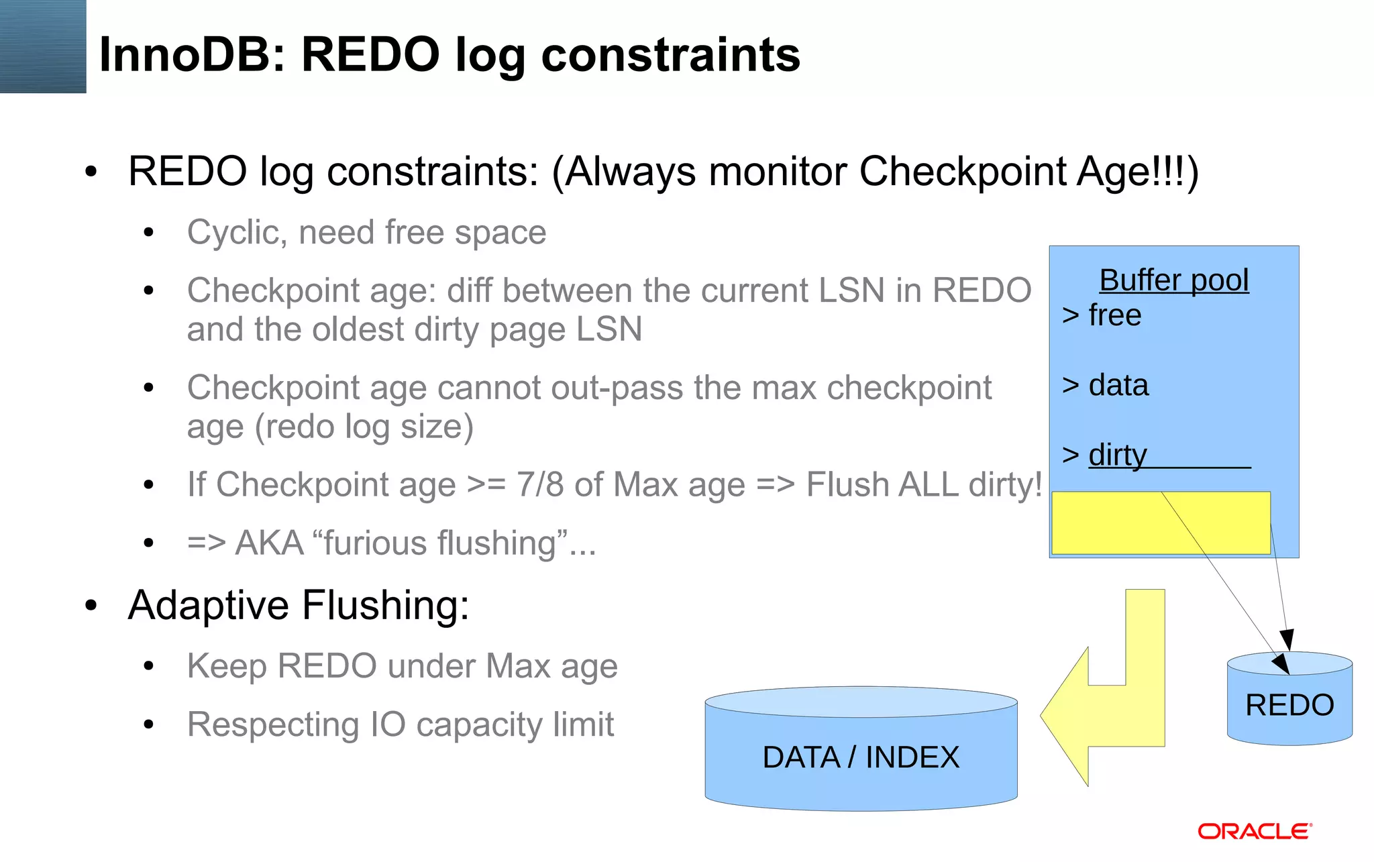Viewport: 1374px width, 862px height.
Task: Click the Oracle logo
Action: click(1255, 831)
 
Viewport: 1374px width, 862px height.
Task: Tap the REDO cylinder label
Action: click(1289, 705)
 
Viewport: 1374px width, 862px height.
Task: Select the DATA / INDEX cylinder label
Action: click(861, 757)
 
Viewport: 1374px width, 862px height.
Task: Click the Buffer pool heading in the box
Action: click(1173, 280)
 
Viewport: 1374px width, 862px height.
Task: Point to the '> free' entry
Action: click(1102, 315)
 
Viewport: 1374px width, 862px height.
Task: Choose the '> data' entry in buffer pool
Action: click(1105, 385)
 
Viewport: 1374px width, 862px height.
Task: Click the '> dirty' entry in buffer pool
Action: click(1105, 455)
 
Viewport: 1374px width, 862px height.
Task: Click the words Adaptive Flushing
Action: click(299, 605)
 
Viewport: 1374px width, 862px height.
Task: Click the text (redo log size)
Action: click(364, 427)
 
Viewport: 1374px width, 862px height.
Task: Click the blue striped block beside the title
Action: click(43, 46)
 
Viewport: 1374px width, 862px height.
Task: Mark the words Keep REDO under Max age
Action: click(402, 666)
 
